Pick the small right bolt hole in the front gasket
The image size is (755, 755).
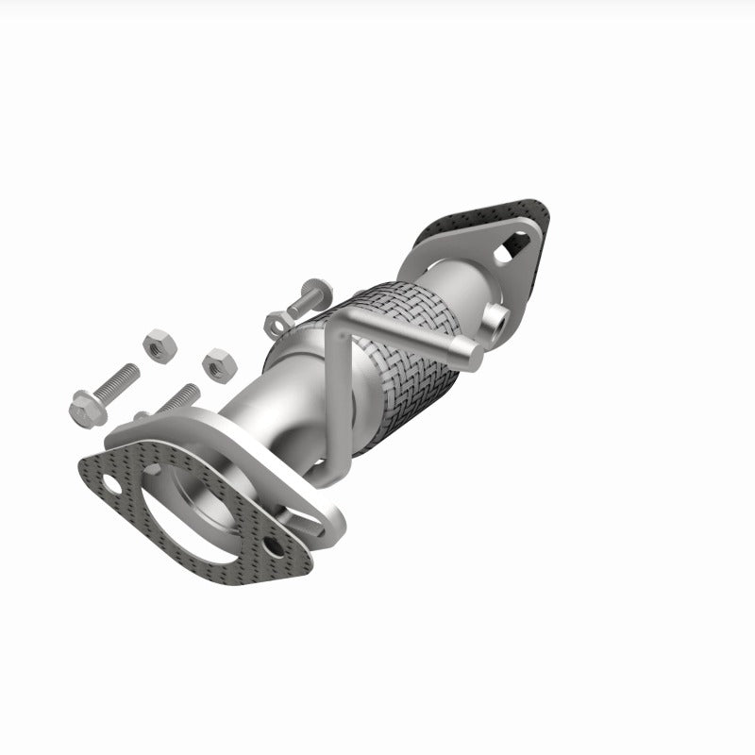tap(273, 545)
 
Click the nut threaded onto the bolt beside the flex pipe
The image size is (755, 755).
tap(275, 322)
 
